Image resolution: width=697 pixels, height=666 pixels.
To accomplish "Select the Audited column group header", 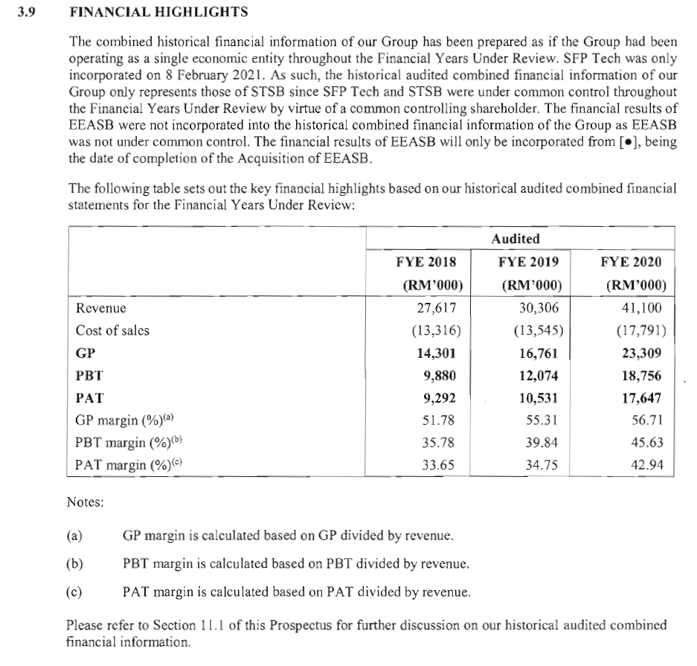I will pyautogui.click(x=515, y=239).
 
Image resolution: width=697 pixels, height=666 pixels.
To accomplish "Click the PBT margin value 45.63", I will pyautogui.click(x=644, y=444).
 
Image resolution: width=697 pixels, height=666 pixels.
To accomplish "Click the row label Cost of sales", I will pyautogui.click(x=112, y=330).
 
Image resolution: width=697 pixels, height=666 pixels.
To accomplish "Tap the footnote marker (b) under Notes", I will pyautogui.click(x=74, y=563).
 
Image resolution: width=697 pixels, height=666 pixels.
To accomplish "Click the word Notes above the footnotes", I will pyautogui.click(x=85, y=502).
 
